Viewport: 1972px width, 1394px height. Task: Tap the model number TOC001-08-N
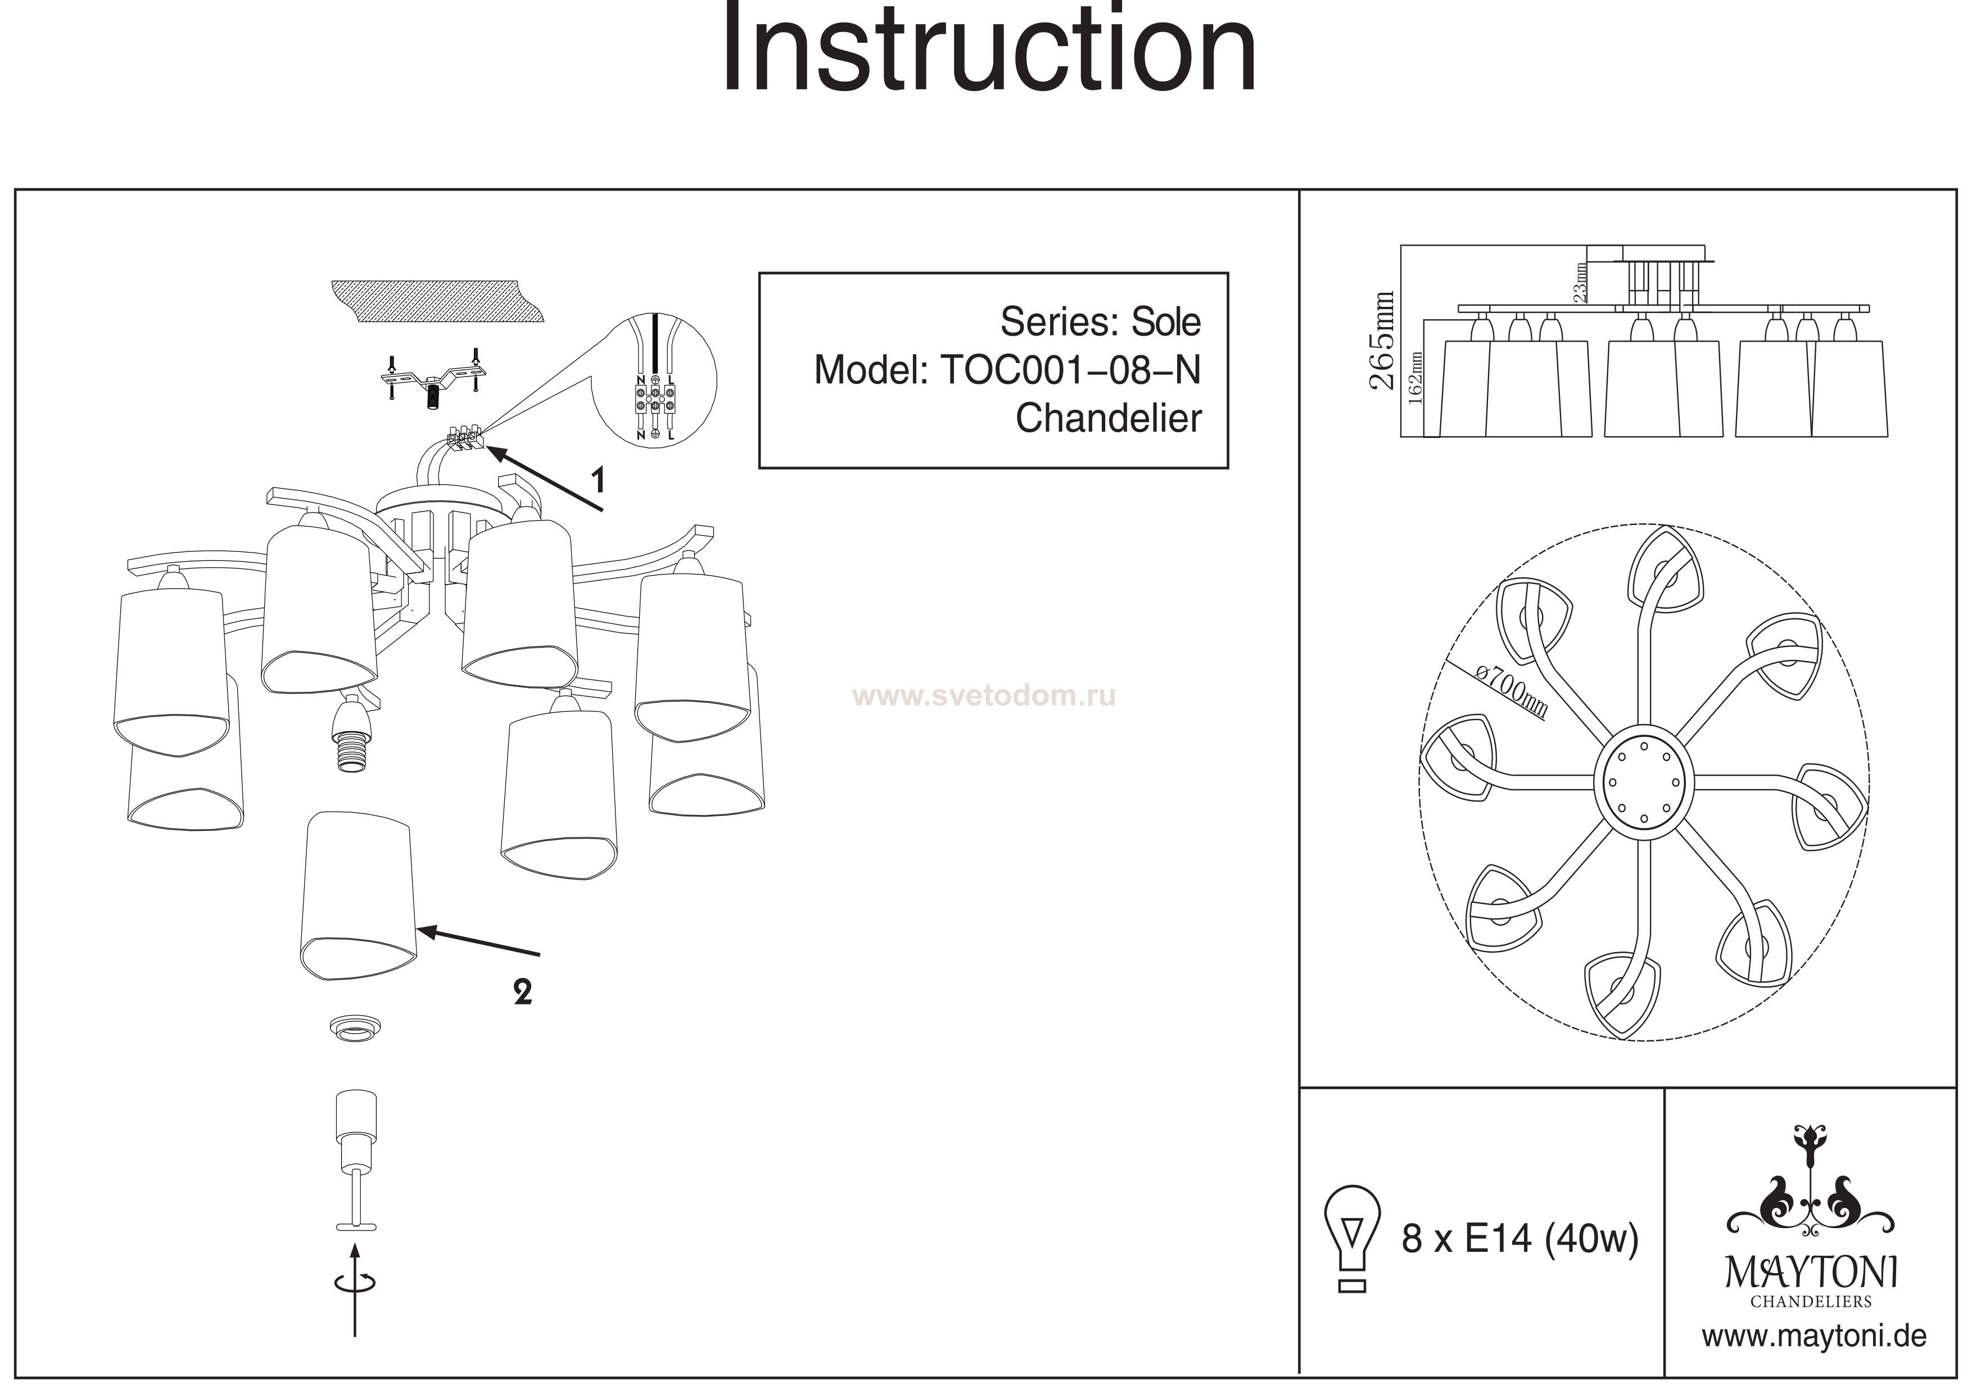(1070, 370)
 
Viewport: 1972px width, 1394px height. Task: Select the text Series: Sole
(1100, 322)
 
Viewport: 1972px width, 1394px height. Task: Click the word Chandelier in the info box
(1108, 418)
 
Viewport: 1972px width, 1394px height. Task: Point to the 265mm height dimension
(1382, 341)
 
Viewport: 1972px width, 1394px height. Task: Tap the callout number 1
(598, 479)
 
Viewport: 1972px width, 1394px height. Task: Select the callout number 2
(522, 993)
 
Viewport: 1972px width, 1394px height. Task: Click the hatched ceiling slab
(437, 301)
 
